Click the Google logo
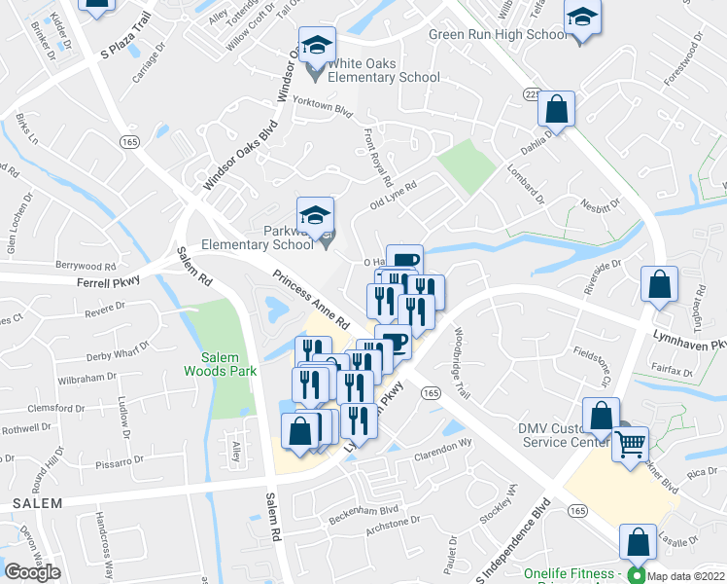pyautogui.click(x=32, y=572)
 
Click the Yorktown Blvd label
pyautogui.click(x=322, y=112)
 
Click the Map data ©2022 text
pyautogui.click(x=684, y=575)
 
